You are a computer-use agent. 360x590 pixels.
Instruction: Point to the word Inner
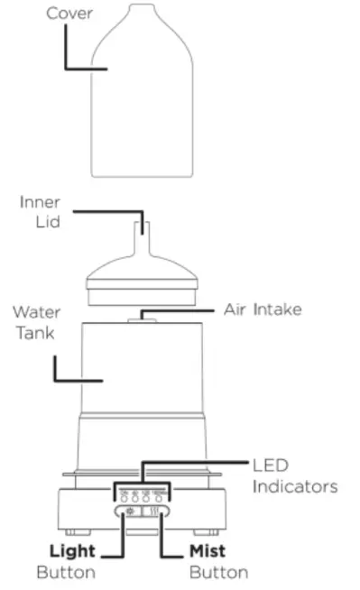click(41, 202)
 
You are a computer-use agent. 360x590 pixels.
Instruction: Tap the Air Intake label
click(263, 309)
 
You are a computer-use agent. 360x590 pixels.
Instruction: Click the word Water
click(37, 312)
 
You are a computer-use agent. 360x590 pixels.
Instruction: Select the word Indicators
click(295, 487)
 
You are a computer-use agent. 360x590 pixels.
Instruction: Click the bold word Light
click(71, 551)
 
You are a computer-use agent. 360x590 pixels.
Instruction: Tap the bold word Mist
click(207, 551)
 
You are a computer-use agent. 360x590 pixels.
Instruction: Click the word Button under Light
click(64, 572)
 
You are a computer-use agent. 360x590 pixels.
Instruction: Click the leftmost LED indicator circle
click(124, 497)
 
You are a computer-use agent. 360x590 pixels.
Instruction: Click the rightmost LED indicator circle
click(158, 497)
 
